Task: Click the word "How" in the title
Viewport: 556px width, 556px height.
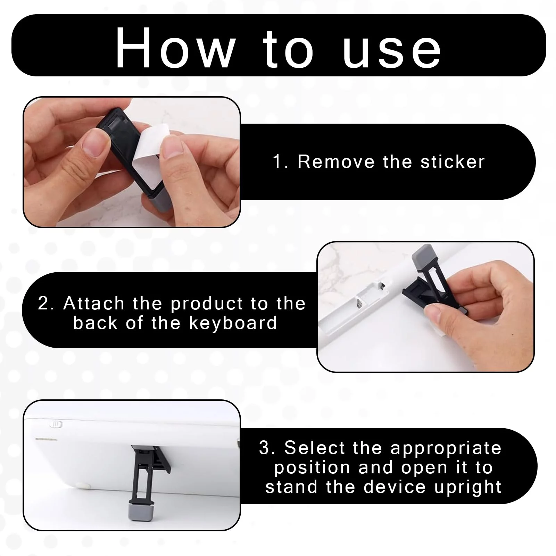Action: (175, 48)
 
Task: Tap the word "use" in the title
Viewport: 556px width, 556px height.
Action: (392, 52)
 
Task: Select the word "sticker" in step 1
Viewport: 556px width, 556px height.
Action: (453, 162)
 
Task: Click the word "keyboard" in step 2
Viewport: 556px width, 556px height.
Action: (233, 324)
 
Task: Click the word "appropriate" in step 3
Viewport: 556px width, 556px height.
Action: (446, 449)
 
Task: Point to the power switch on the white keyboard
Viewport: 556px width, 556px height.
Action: (57, 424)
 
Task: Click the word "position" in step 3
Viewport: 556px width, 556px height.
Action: (312, 468)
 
